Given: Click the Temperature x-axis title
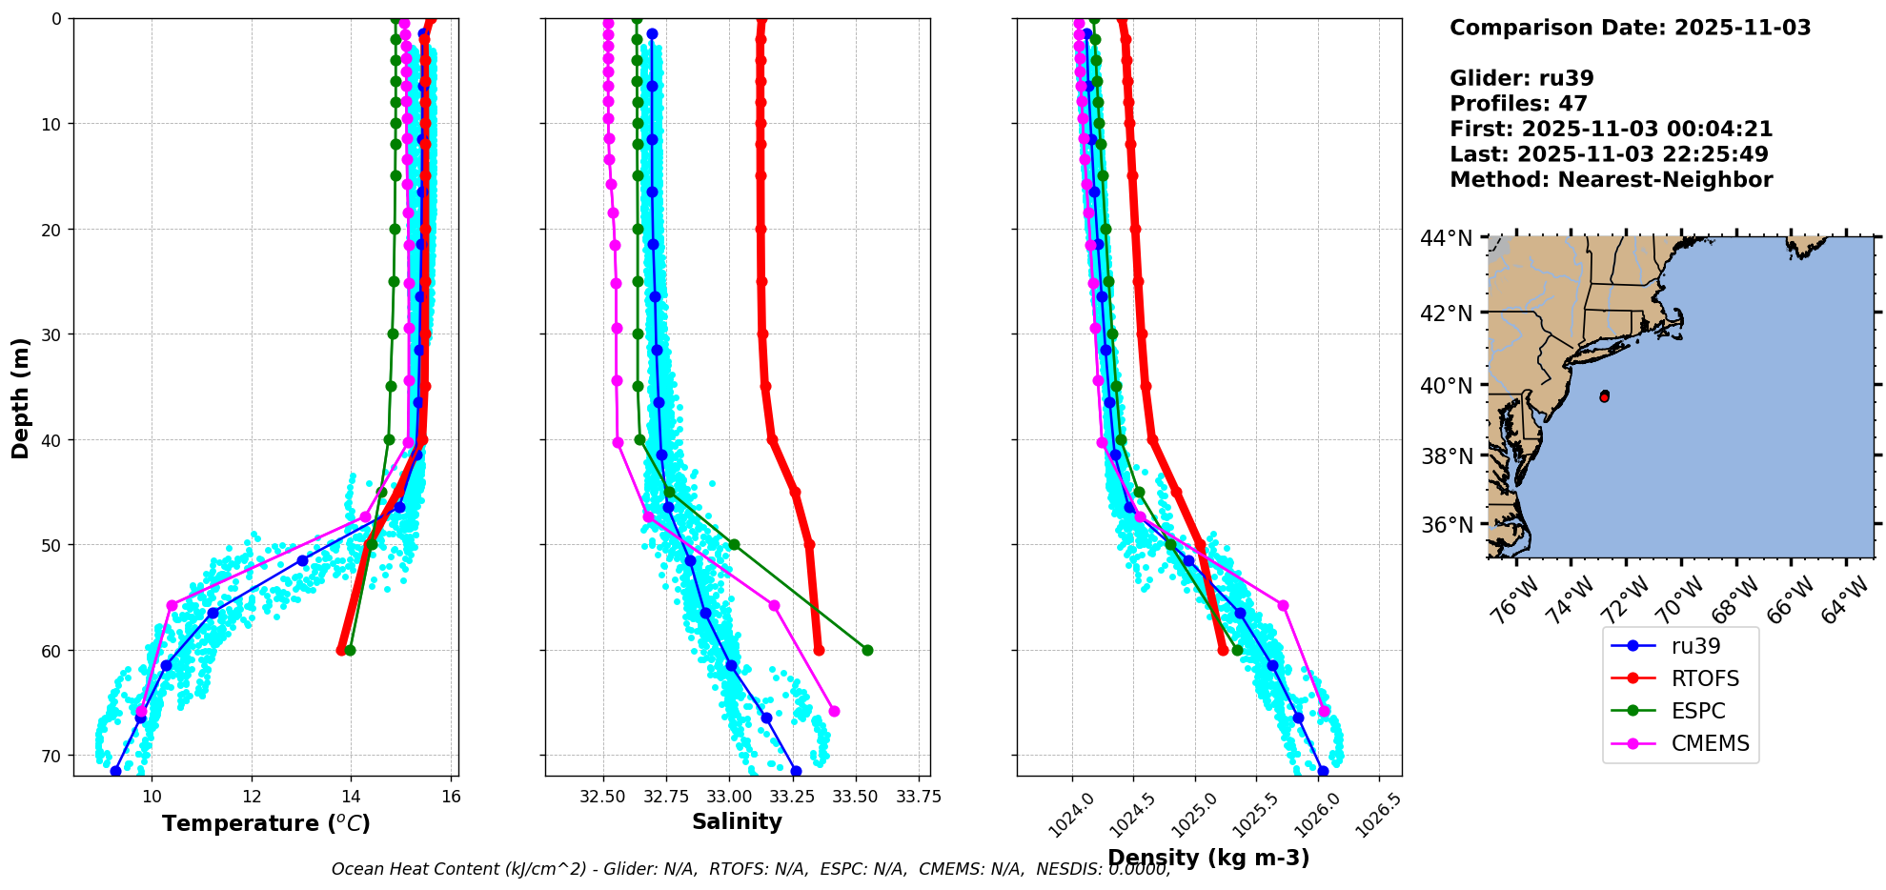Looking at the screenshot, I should pos(266,823).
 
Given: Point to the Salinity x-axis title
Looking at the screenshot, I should pos(737,821).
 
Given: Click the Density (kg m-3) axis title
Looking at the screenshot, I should pos(1208,858).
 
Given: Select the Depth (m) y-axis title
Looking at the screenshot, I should pos(20,398).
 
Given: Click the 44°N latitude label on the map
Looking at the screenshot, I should pos(1446,238).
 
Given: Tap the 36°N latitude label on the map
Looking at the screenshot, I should pos(1446,525).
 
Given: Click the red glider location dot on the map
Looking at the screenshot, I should pos(1604,395).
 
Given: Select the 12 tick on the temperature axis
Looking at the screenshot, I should pos(252,796).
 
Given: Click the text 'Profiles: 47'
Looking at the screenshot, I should pos(1518,104).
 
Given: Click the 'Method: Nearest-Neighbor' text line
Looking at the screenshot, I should pos(1611,180).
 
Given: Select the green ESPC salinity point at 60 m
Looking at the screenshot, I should pos(867,650).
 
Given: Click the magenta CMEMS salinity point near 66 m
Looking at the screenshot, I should pos(834,711).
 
